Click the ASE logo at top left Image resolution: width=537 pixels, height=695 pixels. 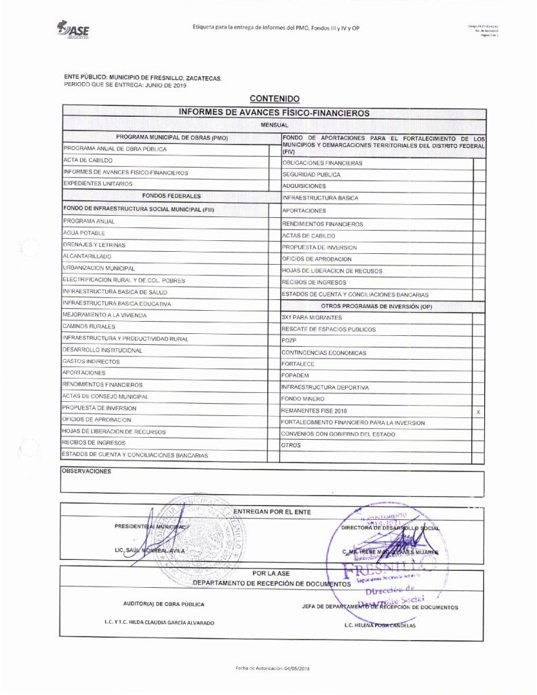(73, 29)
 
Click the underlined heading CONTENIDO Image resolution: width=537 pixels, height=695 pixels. (274, 99)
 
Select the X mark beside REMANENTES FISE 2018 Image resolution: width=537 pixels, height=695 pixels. (479, 411)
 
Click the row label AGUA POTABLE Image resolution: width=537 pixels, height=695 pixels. (84, 233)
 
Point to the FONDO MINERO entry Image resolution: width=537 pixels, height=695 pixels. (302, 399)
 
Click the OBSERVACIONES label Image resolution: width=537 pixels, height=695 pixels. (85, 470)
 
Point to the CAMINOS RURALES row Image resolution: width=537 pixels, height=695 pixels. (88, 327)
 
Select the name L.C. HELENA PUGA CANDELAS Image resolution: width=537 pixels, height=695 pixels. (380, 626)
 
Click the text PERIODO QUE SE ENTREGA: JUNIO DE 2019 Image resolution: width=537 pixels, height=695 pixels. (124, 85)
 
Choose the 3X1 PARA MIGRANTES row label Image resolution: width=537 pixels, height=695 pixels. (311, 318)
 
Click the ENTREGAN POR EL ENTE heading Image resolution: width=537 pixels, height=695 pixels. (272, 511)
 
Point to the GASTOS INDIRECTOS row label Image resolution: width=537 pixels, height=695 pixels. (91, 362)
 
